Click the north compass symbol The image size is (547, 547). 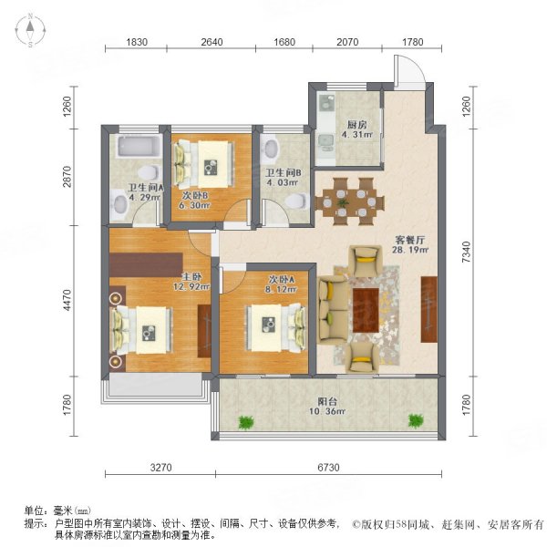(x=30, y=32)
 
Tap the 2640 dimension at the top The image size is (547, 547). (x=212, y=42)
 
